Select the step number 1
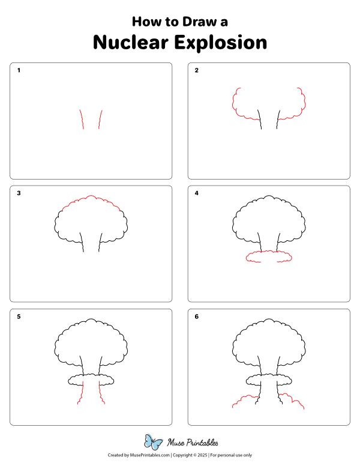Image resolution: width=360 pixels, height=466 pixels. (x=19, y=70)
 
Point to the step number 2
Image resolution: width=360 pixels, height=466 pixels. (x=197, y=70)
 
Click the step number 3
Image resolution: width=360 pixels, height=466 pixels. (x=19, y=193)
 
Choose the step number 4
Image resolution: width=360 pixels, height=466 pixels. (x=197, y=193)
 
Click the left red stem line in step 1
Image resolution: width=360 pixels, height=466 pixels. (x=81, y=120)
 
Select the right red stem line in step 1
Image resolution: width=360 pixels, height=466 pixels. (x=100, y=120)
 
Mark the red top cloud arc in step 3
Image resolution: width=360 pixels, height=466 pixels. (x=90, y=198)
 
